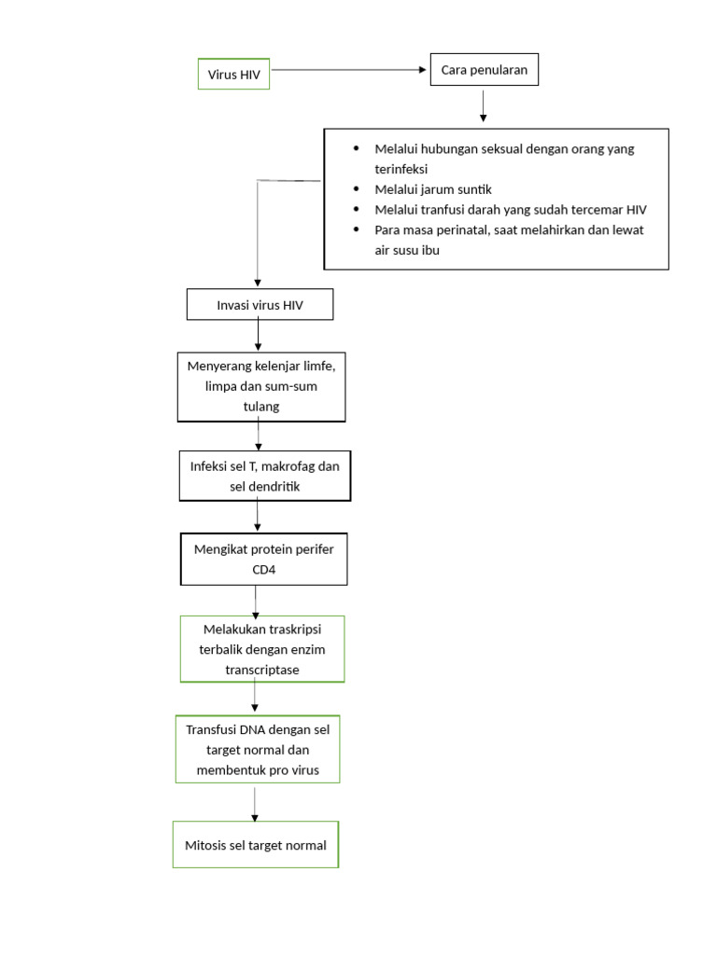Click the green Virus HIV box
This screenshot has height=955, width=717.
coord(233,74)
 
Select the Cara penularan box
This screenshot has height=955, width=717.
coord(484,70)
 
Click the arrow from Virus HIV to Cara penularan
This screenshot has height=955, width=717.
coord(349,70)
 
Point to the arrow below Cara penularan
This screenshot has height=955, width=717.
coord(483,105)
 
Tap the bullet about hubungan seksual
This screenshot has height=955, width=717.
coord(504,159)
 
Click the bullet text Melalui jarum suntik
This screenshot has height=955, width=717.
coord(432,189)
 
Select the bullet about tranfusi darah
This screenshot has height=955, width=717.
coord(510,210)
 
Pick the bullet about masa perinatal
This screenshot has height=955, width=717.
coord(509,240)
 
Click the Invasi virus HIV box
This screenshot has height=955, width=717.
coord(260,305)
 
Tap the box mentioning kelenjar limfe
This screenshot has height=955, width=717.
coord(261,386)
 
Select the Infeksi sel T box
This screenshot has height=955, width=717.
coord(265,477)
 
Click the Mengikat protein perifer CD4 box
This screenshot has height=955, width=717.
coord(263,559)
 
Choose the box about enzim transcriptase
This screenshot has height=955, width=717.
coord(262,649)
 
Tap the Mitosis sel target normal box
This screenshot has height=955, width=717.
coord(256,845)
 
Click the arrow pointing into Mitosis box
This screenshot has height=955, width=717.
coord(255,804)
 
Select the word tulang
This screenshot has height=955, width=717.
coord(261,407)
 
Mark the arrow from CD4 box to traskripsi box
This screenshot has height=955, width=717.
coord(256,601)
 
